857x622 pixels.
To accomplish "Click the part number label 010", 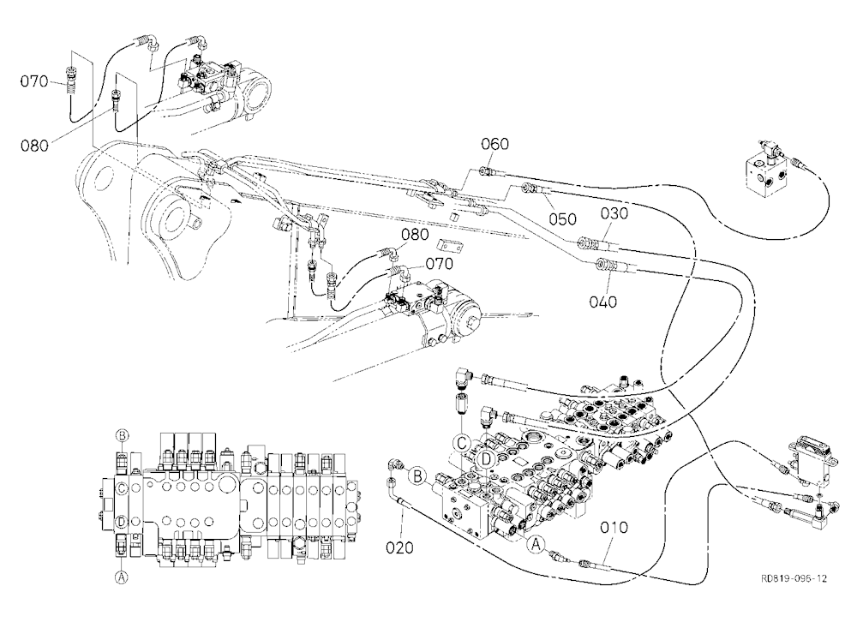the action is (x=614, y=528).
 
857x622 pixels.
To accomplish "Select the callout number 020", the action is (x=399, y=547).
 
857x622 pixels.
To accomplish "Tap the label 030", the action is (x=614, y=213).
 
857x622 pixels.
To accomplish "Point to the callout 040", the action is (x=602, y=302).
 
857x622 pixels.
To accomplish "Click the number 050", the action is (x=562, y=219).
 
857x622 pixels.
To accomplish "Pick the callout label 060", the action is (x=494, y=144).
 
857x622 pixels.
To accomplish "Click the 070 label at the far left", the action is (x=34, y=81).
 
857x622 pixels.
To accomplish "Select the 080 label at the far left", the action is (x=34, y=146).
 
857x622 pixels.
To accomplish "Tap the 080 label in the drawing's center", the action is (x=415, y=235).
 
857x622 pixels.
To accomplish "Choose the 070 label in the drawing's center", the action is (x=440, y=263).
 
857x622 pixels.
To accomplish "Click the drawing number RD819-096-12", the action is (x=794, y=578).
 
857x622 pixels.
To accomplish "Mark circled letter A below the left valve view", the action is (x=122, y=576).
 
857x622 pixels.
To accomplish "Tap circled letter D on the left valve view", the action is (x=122, y=522).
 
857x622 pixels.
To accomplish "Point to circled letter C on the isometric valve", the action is (x=463, y=442).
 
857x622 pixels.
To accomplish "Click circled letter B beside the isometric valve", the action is (x=417, y=475).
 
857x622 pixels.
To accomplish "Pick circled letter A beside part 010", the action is (x=536, y=543).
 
